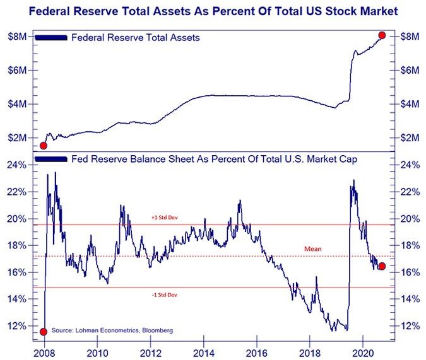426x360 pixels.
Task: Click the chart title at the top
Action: tap(213, 11)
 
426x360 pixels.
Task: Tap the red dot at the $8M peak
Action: tap(382, 35)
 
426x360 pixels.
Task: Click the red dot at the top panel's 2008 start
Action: tap(44, 146)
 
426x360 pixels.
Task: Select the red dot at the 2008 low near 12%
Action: tap(44, 332)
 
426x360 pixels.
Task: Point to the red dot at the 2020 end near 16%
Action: tap(381, 266)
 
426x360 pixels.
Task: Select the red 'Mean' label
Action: tap(312, 249)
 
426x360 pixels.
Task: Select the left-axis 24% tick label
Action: tap(16, 165)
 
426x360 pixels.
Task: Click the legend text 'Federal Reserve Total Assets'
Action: tap(136, 38)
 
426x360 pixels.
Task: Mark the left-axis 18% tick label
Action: tap(16, 245)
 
